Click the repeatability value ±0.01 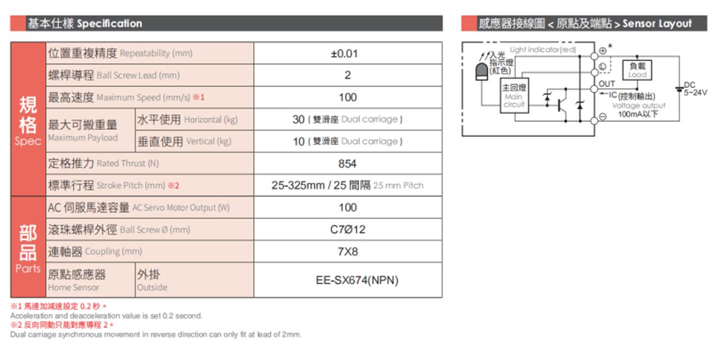coord(344,53)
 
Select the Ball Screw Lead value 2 coord(348,75)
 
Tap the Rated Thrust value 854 coord(347,164)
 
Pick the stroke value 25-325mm coord(298,185)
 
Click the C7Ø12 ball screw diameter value coord(348,230)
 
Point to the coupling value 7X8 coord(348,251)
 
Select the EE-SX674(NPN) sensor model coord(357,280)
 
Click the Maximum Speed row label coord(126,97)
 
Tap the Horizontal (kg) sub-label coord(211,120)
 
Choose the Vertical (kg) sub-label coord(209,141)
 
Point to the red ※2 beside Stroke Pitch coord(174,185)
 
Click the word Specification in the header coord(109,23)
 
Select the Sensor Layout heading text coord(657,23)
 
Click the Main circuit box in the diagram coord(514,95)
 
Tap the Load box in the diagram coord(637,70)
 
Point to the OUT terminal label coord(607,84)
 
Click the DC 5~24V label coord(695,89)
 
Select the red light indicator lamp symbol coord(481,72)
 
